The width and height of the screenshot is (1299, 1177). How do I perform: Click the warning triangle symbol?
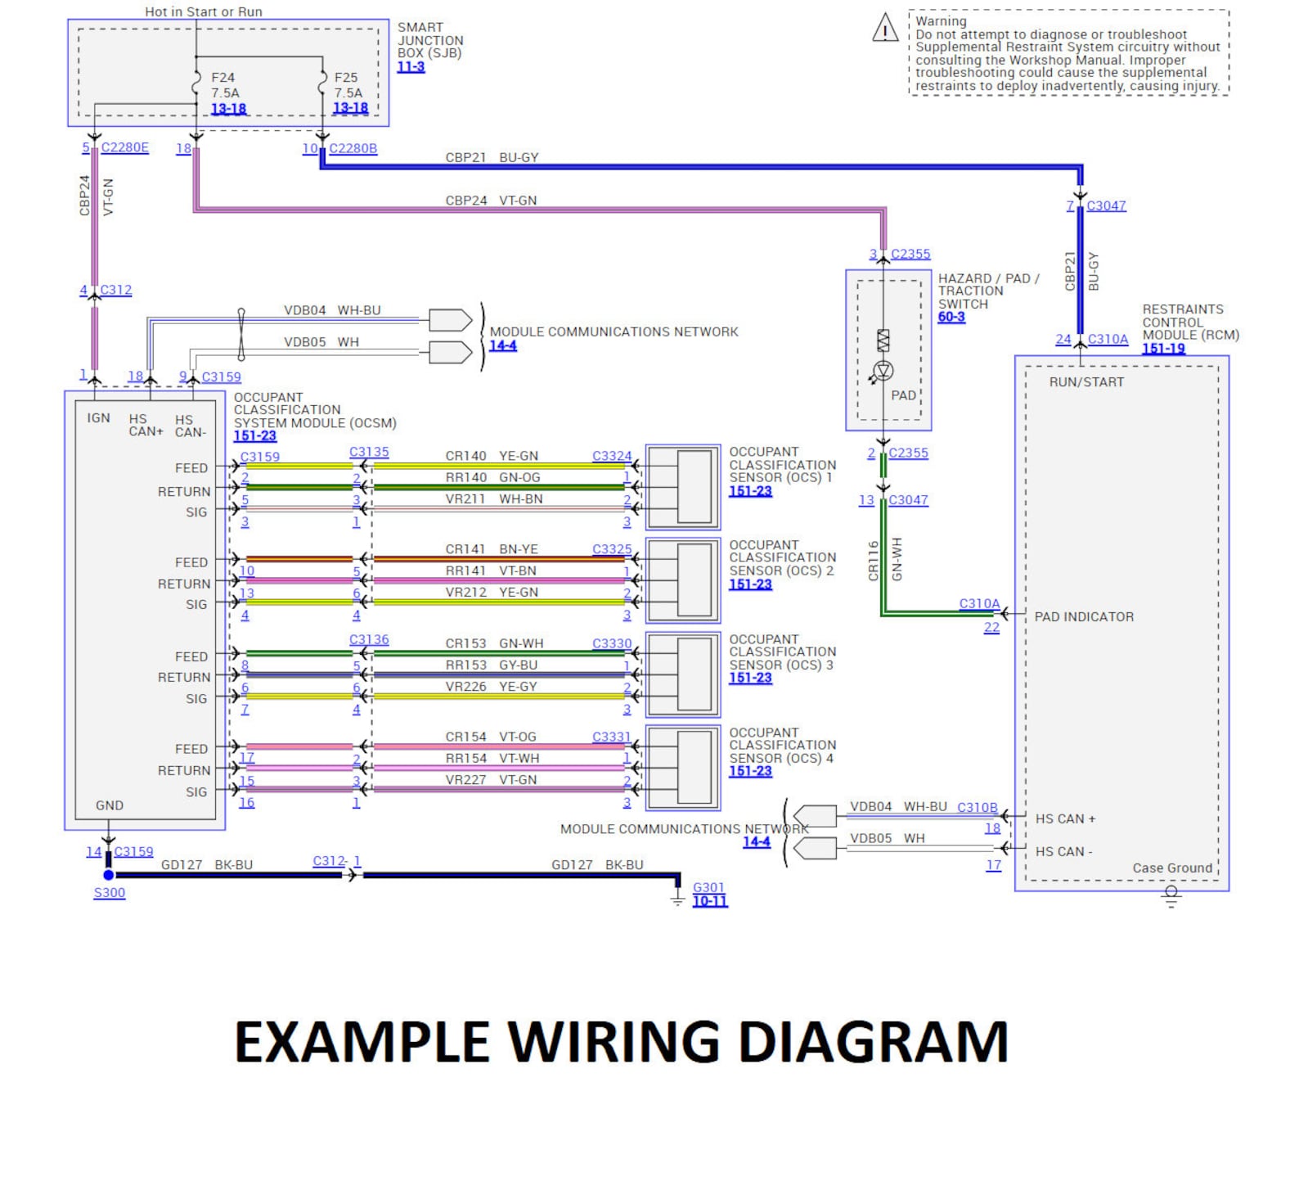click(x=885, y=28)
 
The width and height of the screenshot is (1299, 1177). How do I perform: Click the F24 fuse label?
click(x=222, y=78)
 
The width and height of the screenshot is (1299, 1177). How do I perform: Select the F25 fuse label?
click(x=346, y=78)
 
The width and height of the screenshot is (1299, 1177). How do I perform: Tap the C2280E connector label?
click(x=124, y=147)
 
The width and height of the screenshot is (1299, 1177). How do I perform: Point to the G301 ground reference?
click(x=708, y=887)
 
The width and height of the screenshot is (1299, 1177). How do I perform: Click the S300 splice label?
click(x=110, y=893)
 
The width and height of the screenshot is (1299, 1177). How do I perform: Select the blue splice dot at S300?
click(x=109, y=875)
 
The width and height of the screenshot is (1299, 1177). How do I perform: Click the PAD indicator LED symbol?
click(x=883, y=371)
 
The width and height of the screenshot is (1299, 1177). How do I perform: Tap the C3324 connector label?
click(x=612, y=456)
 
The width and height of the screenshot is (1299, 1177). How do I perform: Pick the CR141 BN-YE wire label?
click(x=492, y=549)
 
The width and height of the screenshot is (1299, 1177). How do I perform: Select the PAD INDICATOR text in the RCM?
click(x=1084, y=617)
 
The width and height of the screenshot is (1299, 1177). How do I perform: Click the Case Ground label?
click(x=1171, y=868)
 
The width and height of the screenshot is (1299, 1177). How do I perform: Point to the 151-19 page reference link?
click(x=1163, y=349)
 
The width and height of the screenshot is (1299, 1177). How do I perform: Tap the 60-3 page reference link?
click(x=951, y=317)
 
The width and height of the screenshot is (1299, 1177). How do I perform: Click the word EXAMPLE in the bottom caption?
click(x=361, y=1043)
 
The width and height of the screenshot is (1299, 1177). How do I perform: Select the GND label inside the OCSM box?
click(x=110, y=805)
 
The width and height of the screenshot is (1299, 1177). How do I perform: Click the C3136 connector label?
click(x=369, y=639)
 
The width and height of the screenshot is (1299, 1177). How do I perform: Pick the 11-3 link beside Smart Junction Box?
click(x=411, y=66)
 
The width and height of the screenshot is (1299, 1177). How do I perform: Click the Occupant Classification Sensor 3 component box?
click(x=683, y=674)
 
